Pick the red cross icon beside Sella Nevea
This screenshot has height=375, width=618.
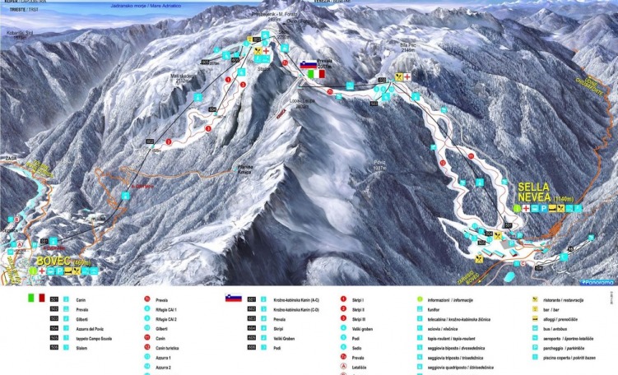click(x=524, y=209)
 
